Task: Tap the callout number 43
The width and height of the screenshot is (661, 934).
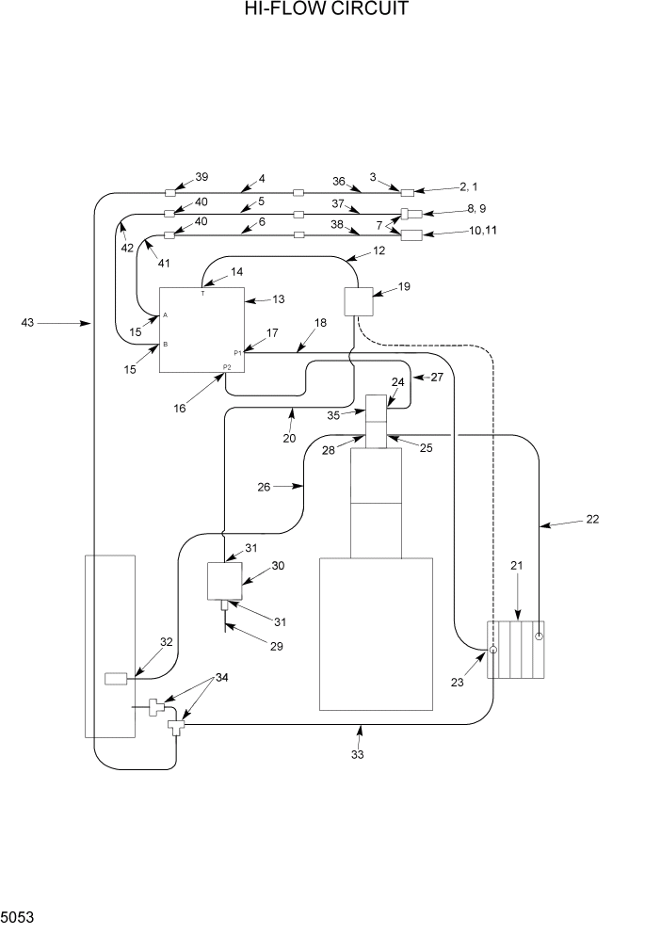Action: click(x=28, y=323)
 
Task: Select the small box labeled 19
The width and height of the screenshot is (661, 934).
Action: click(x=358, y=301)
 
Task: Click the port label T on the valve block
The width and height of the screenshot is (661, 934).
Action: click(x=202, y=293)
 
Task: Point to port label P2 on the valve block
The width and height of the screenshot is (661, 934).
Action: click(x=227, y=366)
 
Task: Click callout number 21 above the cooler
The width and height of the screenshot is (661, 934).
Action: click(x=516, y=566)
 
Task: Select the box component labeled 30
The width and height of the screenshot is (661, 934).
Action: click(x=224, y=581)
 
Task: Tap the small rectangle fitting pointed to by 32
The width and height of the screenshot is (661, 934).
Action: click(x=118, y=678)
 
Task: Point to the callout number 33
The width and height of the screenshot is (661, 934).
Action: click(x=358, y=754)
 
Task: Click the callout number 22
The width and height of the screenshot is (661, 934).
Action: click(x=591, y=519)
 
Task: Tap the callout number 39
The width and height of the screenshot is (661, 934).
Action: click(x=202, y=177)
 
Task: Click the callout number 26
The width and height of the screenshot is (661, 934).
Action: click(x=265, y=487)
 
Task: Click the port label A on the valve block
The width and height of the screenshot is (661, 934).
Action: click(x=166, y=315)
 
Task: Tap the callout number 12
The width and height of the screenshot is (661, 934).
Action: click(x=379, y=251)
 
